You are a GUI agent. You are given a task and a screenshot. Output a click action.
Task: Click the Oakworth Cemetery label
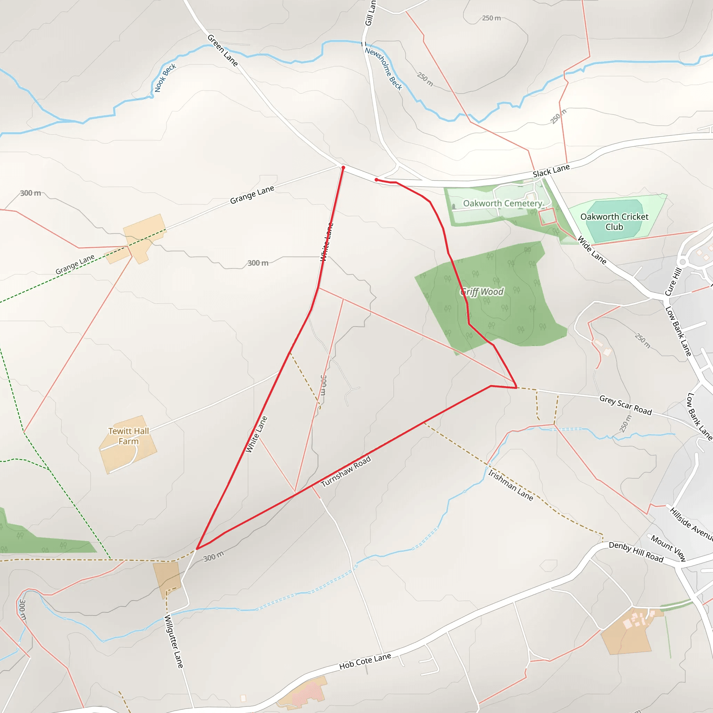(x=502, y=203)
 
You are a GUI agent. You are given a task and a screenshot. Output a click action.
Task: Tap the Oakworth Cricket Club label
(x=614, y=222)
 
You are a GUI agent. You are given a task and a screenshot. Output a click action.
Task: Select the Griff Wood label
(x=482, y=292)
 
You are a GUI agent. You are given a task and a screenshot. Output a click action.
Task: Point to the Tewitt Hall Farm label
(x=128, y=436)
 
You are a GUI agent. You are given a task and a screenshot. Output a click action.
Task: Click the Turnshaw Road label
(x=346, y=471)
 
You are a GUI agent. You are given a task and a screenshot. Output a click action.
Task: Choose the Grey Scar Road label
(x=626, y=405)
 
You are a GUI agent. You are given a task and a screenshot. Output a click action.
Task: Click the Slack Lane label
(x=551, y=171)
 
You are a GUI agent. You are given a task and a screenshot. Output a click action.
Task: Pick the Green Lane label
(x=222, y=50)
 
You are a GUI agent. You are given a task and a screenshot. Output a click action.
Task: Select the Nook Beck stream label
(x=165, y=78)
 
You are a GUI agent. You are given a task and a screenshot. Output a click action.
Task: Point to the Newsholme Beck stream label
(x=383, y=69)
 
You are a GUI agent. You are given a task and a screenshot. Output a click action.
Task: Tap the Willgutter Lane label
(x=173, y=641)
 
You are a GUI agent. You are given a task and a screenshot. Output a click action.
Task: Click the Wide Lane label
(x=591, y=250)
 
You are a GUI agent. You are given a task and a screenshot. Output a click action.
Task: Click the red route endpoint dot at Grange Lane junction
(x=343, y=167)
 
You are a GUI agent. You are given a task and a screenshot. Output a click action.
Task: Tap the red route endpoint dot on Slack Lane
(x=376, y=180)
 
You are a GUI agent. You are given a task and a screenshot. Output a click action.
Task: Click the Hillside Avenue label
(x=691, y=523)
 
